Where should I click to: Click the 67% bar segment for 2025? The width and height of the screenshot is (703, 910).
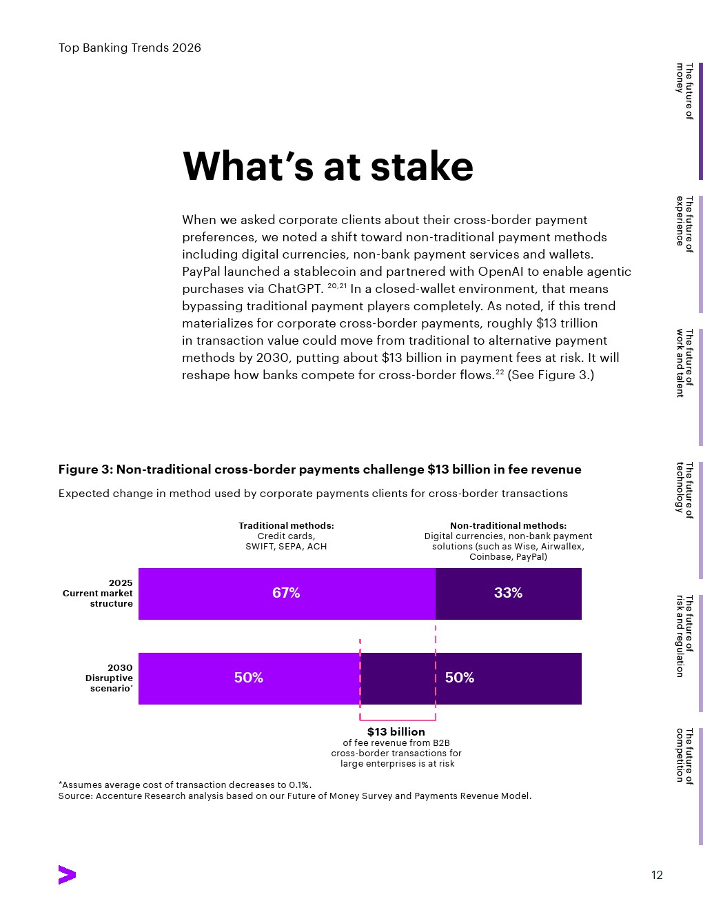(287, 594)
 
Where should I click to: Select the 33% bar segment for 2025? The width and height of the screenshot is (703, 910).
(508, 594)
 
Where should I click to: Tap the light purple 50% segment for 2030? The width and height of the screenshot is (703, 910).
(249, 678)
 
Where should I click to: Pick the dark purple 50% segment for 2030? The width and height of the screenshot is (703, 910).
(471, 678)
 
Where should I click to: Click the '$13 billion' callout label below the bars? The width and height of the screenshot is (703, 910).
(396, 732)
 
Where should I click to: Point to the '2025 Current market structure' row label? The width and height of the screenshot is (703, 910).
(98, 594)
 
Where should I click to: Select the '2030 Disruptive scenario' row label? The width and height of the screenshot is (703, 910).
(109, 678)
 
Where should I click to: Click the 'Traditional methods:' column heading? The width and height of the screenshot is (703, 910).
(286, 526)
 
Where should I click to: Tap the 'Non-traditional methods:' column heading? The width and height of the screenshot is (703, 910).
(508, 526)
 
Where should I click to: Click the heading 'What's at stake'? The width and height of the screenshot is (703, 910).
(328, 167)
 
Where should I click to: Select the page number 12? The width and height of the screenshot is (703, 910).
(657, 876)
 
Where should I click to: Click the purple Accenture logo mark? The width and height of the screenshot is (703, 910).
(67, 875)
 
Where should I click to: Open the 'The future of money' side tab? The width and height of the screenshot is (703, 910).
(684, 91)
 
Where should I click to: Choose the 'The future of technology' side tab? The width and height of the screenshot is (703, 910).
(684, 489)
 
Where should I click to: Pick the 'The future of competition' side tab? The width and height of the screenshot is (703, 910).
(684, 756)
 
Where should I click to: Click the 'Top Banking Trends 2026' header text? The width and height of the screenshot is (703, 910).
(130, 48)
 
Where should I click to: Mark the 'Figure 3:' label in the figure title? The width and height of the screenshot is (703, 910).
(85, 469)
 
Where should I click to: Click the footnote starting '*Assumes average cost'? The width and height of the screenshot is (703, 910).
(185, 785)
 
